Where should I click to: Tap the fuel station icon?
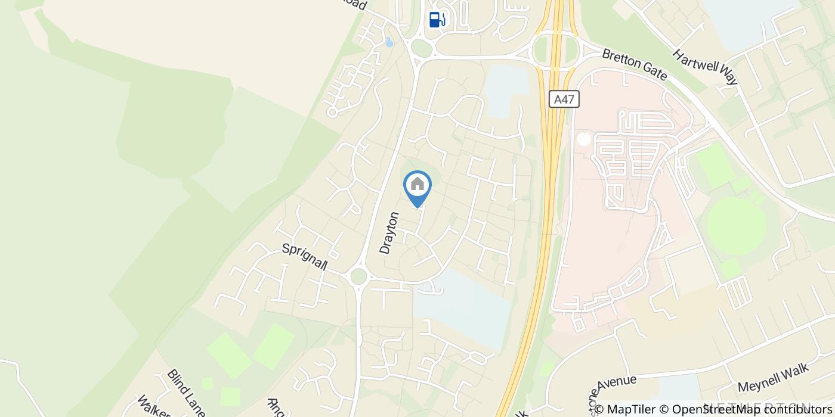[437, 19]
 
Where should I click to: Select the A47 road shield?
[564, 99]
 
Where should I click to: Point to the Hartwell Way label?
[706, 67]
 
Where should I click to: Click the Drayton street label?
[389, 233]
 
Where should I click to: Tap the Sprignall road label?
[305, 257]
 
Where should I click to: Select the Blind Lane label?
[186, 393]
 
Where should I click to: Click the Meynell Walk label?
[773, 378]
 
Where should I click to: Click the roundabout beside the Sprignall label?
[358, 276]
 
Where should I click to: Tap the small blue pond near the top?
[389, 42]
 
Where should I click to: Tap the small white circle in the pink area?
[583, 139]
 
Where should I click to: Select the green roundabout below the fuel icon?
[421, 48]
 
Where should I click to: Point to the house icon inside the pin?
[417, 183]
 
